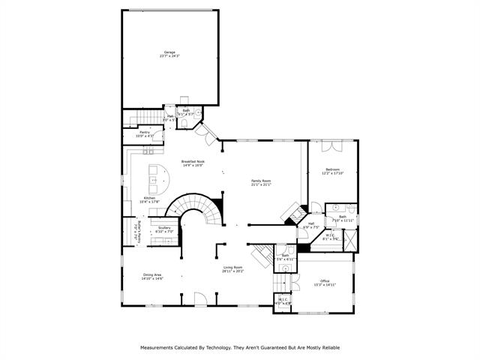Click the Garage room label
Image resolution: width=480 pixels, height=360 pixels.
[x=169, y=54]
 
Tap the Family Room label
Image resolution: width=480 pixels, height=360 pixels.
[x=261, y=182]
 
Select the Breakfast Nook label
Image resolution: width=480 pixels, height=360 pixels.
[x=193, y=163]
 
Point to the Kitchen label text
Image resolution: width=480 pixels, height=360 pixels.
[x=149, y=199]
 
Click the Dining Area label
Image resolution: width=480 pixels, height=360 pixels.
[x=153, y=276]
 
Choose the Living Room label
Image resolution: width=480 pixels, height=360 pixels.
[x=232, y=268]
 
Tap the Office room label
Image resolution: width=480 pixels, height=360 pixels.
[x=325, y=282]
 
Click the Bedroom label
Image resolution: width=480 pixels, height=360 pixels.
[x=332, y=171]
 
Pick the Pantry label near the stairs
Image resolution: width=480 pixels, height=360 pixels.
[x=145, y=133]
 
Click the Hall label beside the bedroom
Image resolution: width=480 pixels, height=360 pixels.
[x=311, y=225]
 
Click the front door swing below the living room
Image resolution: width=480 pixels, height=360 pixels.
[x=200, y=299]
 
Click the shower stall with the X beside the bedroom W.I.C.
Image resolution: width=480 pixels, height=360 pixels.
[x=350, y=243]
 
